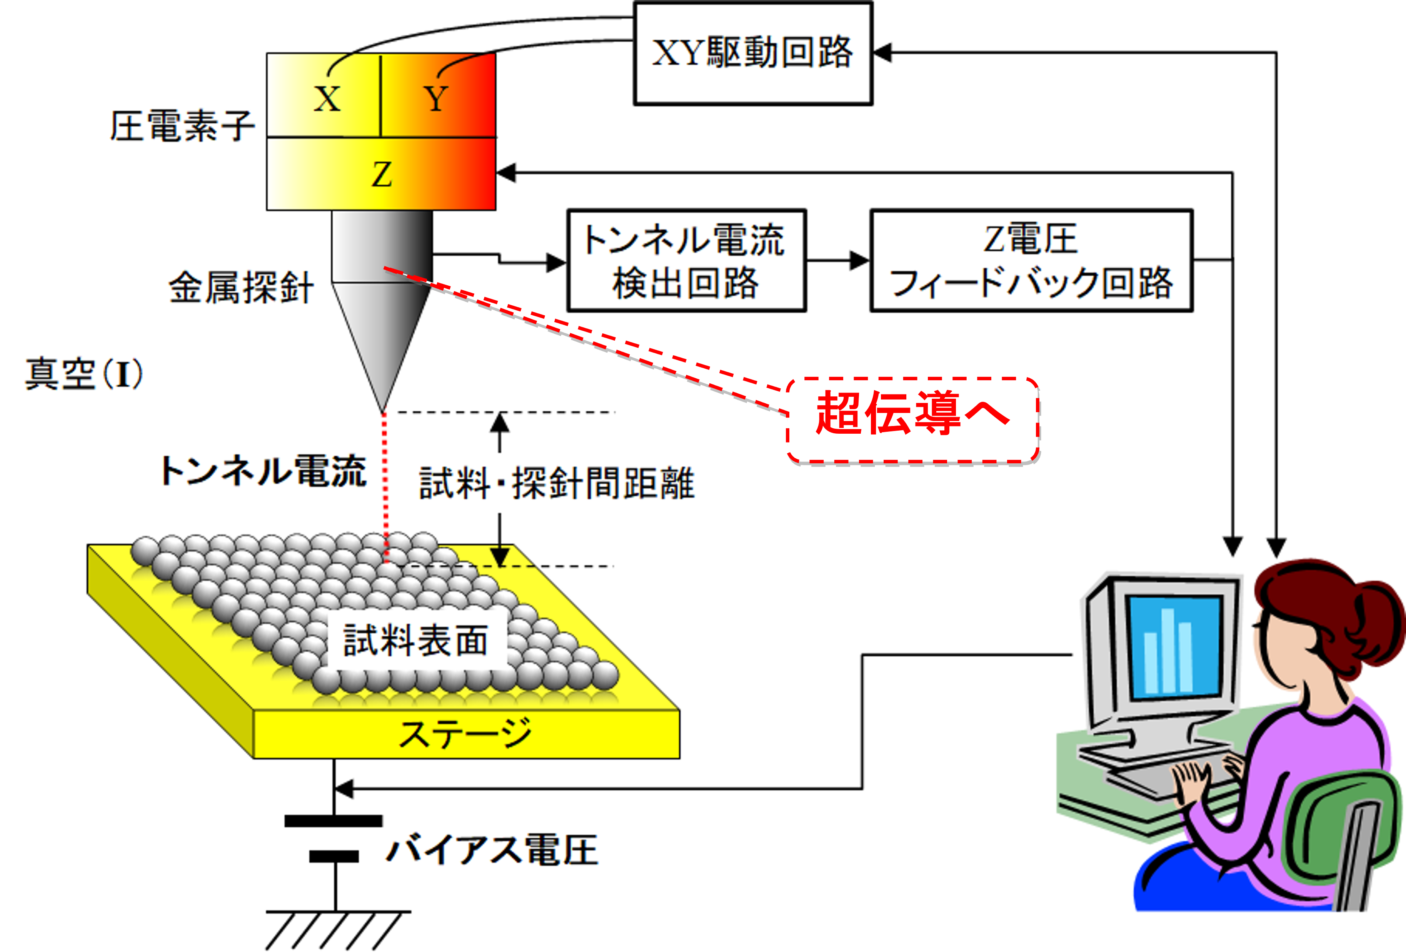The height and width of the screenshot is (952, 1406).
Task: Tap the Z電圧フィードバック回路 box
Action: pos(1031,261)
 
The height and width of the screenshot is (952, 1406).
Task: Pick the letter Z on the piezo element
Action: pos(381,175)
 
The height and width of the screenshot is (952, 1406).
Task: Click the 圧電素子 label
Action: pos(182,126)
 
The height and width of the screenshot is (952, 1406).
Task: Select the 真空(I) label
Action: pos(83,374)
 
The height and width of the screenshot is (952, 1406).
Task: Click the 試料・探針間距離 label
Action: pos(557,483)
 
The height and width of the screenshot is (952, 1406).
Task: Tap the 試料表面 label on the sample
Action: pos(415,641)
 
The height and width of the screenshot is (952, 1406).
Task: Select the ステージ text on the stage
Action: pos(465,734)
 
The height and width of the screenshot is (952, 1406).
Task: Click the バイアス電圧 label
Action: pos(491,850)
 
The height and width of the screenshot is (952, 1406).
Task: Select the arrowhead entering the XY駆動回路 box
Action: pos(882,53)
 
